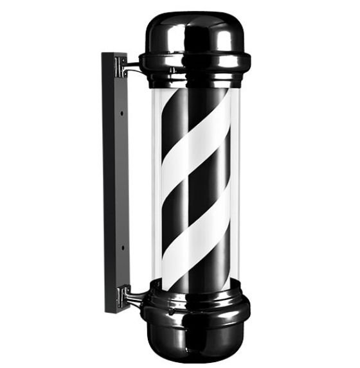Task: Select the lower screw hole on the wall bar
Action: point(121,243)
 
